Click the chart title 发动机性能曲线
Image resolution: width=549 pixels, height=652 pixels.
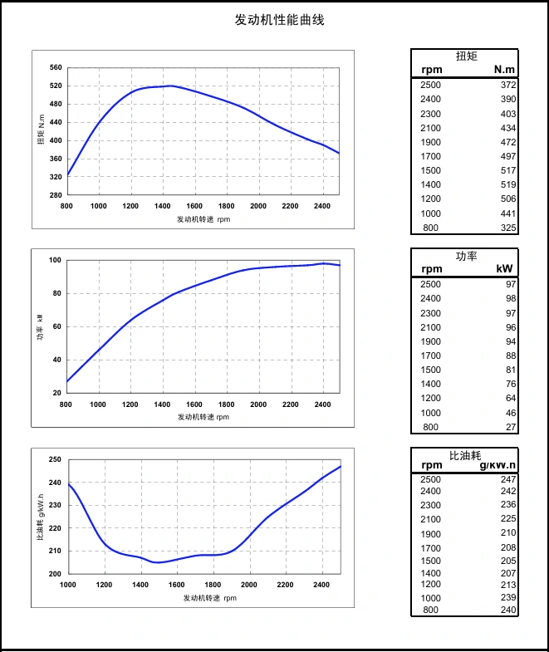point(279,20)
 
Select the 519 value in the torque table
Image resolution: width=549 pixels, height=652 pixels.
point(508,184)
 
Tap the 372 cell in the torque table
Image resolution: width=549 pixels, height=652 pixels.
point(508,85)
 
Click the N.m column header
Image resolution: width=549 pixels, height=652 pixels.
point(504,70)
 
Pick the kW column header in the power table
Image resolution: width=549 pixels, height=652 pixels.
point(504,268)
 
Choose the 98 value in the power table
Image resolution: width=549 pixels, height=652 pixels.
point(511,299)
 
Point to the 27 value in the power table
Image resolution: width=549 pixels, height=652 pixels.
point(511,428)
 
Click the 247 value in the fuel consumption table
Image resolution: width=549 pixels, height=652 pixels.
point(508,479)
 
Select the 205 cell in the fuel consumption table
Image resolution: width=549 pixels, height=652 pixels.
point(508,561)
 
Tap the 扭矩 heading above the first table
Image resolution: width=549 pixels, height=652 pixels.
point(466,56)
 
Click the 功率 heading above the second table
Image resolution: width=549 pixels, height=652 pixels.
point(466,256)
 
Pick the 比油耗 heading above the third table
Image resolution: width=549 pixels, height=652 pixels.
point(465,455)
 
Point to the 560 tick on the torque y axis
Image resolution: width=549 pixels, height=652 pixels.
point(56,67)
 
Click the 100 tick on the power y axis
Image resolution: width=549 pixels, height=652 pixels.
point(56,260)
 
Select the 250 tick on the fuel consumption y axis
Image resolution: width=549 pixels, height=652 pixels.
point(56,459)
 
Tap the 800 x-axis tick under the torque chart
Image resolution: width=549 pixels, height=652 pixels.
point(67,205)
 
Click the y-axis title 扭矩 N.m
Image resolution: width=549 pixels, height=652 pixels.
point(41,130)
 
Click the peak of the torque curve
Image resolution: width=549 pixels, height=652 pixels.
point(170,86)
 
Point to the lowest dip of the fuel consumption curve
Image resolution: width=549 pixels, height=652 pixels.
point(158,562)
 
